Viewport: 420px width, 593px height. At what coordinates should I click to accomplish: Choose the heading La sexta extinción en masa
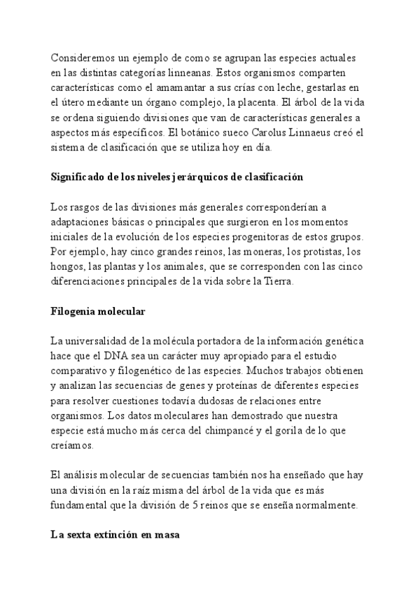[115, 536]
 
